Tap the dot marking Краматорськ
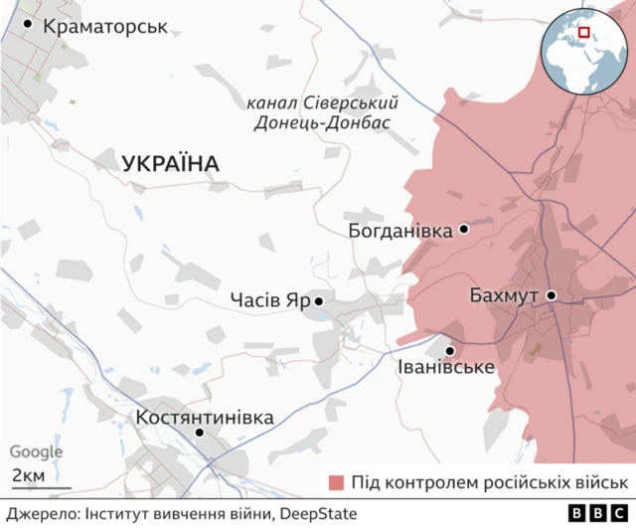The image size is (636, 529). (28, 24)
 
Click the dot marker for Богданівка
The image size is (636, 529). (463, 230)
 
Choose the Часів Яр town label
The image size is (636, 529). (269, 300)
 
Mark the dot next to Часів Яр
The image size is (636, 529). (319, 300)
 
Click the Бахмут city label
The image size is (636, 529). (504, 296)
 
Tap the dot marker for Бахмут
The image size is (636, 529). (550, 295)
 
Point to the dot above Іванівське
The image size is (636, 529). (450, 351)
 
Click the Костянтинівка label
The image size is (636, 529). (204, 417)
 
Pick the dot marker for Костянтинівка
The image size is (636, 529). (200, 433)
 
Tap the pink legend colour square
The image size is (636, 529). (337, 482)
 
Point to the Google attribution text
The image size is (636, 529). (36, 452)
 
